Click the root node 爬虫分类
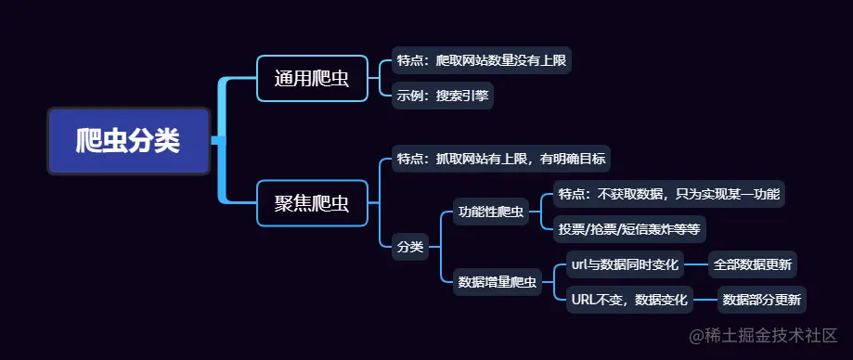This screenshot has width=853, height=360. pos(129,141)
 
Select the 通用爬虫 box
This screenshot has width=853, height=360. pos(312,78)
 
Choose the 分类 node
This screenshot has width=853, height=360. pos(410,247)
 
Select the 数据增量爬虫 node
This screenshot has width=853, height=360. pos(498,282)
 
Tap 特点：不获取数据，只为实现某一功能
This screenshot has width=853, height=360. pos(669,194)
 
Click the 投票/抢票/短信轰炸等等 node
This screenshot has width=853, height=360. pos(629,227)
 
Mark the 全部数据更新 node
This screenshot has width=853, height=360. pos(753,265)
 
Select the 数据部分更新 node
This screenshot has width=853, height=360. pos(763,300)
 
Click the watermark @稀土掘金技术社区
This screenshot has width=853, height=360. pos(762,334)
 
